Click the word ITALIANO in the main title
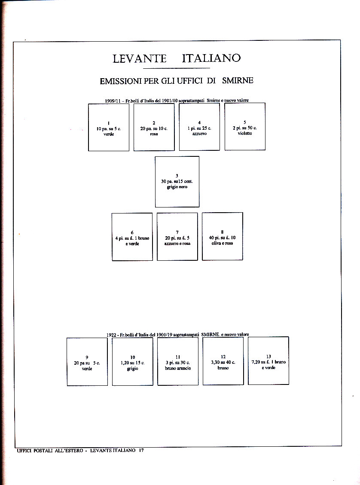211,58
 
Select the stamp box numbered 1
109,127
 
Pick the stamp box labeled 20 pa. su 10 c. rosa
154,127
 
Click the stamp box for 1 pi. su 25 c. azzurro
199,127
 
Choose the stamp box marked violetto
245,126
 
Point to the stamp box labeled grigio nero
177,181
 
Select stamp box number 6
132,237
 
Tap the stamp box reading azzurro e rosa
177,236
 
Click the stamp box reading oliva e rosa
222,236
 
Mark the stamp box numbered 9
87,362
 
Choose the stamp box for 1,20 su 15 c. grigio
132,361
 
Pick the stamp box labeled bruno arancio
178,361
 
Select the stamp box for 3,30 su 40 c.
223,361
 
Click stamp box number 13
268,360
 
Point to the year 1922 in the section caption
112,335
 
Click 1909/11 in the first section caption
113,101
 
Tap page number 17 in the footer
140,450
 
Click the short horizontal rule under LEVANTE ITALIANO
176,68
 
